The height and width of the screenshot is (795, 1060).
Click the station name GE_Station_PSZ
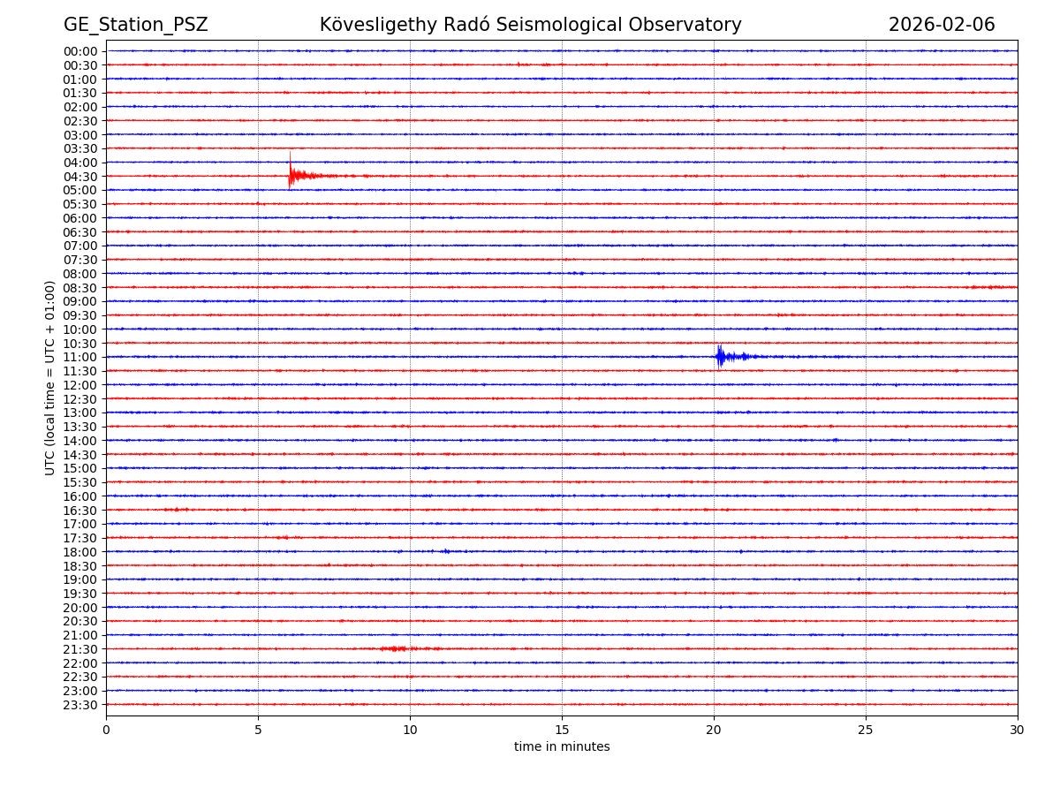pyautogui.click(x=135, y=26)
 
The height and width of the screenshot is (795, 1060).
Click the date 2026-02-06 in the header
pyautogui.click(x=941, y=26)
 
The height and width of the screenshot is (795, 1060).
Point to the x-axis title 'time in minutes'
pyautogui.click(x=562, y=747)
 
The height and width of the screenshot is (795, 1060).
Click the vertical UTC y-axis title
pyautogui.click(x=50, y=377)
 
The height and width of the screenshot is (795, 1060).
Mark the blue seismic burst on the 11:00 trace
pyautogui.click(x=721, y=356)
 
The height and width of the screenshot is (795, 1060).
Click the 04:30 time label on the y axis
pyautogui.click(x=80, y=177)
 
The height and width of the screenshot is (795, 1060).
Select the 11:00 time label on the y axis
pyautogui.click(x=80, y=357)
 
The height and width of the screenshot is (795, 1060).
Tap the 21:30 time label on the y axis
pyautogui.click(x=80, y=649)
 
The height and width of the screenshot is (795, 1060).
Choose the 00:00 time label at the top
pyautogui.click(x=80, y=51)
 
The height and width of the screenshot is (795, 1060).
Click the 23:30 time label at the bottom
pyautogui.click(x=80, y=705)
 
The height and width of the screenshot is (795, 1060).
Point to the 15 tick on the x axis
pyautogui.click(x=562, y=730)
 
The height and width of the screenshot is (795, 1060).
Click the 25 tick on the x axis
pyautogui.click(x=866, y=730)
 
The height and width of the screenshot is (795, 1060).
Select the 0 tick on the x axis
pyautogui.click(x=106, y=730)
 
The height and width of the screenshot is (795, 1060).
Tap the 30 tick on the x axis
pyautogui.click(x=1018, y=730)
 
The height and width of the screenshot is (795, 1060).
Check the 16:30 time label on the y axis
pyautogui.click(x=80, y=511)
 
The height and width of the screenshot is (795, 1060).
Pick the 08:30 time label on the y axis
pyautogui.click(x=80, y=288)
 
